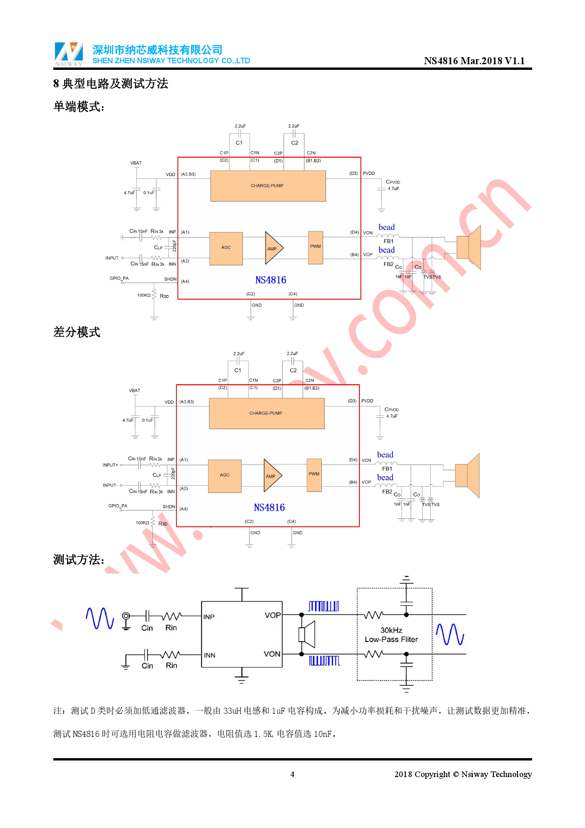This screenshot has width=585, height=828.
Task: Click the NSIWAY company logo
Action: tap(69, 54)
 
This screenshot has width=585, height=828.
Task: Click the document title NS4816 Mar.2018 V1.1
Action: tap(474, 61)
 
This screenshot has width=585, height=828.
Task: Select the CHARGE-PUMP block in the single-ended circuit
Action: tap(267, 186)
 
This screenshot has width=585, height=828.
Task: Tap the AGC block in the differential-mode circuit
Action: tap(225, 475)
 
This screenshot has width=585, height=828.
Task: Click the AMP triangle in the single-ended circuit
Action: tap(273, 248)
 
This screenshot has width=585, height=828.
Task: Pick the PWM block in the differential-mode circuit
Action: tap(314, 474)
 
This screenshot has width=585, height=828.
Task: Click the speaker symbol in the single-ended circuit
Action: tap(469, 247)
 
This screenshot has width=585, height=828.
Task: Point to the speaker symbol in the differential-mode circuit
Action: tap(468, 475)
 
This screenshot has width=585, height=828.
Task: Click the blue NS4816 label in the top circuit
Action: tap(270, 280)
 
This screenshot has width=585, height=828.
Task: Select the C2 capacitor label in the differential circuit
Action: tap(293, 371)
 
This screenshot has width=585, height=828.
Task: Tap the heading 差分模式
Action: tap(76, 332)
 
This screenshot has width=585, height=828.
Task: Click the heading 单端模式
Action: tap(78, 107)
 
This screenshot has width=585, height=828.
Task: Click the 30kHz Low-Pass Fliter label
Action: tap(391, 635)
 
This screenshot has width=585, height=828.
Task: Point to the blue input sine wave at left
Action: tap(100, 618)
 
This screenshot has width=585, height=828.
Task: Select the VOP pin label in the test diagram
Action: tap(272, 616)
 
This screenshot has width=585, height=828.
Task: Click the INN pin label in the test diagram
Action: tap(209, 655)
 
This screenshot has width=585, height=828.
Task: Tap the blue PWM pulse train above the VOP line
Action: tap(323, 606)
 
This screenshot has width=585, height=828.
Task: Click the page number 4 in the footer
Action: tap(292, 774)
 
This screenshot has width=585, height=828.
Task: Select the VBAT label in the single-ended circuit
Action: tap(136, 163)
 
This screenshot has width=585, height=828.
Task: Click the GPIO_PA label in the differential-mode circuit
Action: tap(117, 506)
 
